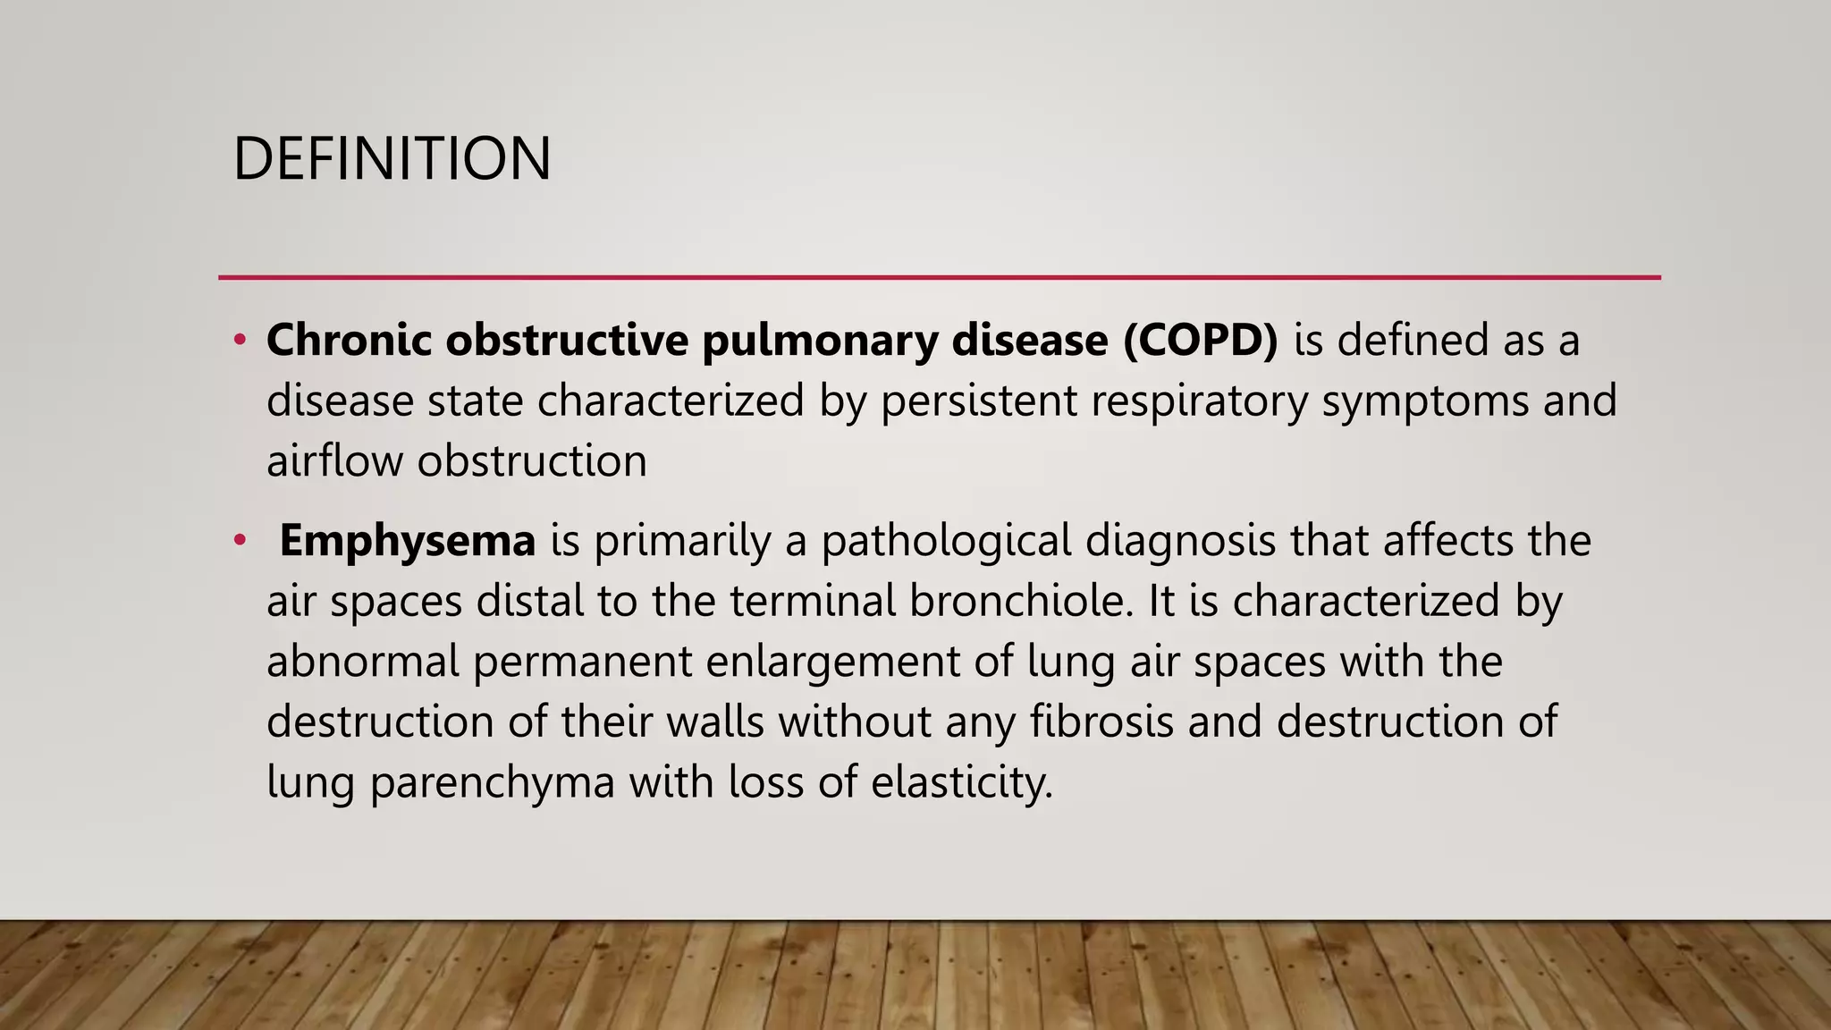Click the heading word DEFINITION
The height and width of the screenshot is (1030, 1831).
[392, 159]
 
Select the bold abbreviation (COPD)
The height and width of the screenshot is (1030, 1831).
[1201, 341]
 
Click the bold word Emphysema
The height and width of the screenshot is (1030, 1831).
[407, 541]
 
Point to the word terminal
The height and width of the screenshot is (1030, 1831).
[812, 600]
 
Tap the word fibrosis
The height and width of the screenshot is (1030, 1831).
[1101, 722]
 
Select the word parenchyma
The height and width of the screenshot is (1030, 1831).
[493, 782]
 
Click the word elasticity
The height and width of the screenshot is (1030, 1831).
[961, 782]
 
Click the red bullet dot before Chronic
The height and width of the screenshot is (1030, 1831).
[240, 341]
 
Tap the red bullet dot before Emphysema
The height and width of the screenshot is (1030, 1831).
[240, 541]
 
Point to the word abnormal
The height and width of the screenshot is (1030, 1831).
[362, 662]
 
